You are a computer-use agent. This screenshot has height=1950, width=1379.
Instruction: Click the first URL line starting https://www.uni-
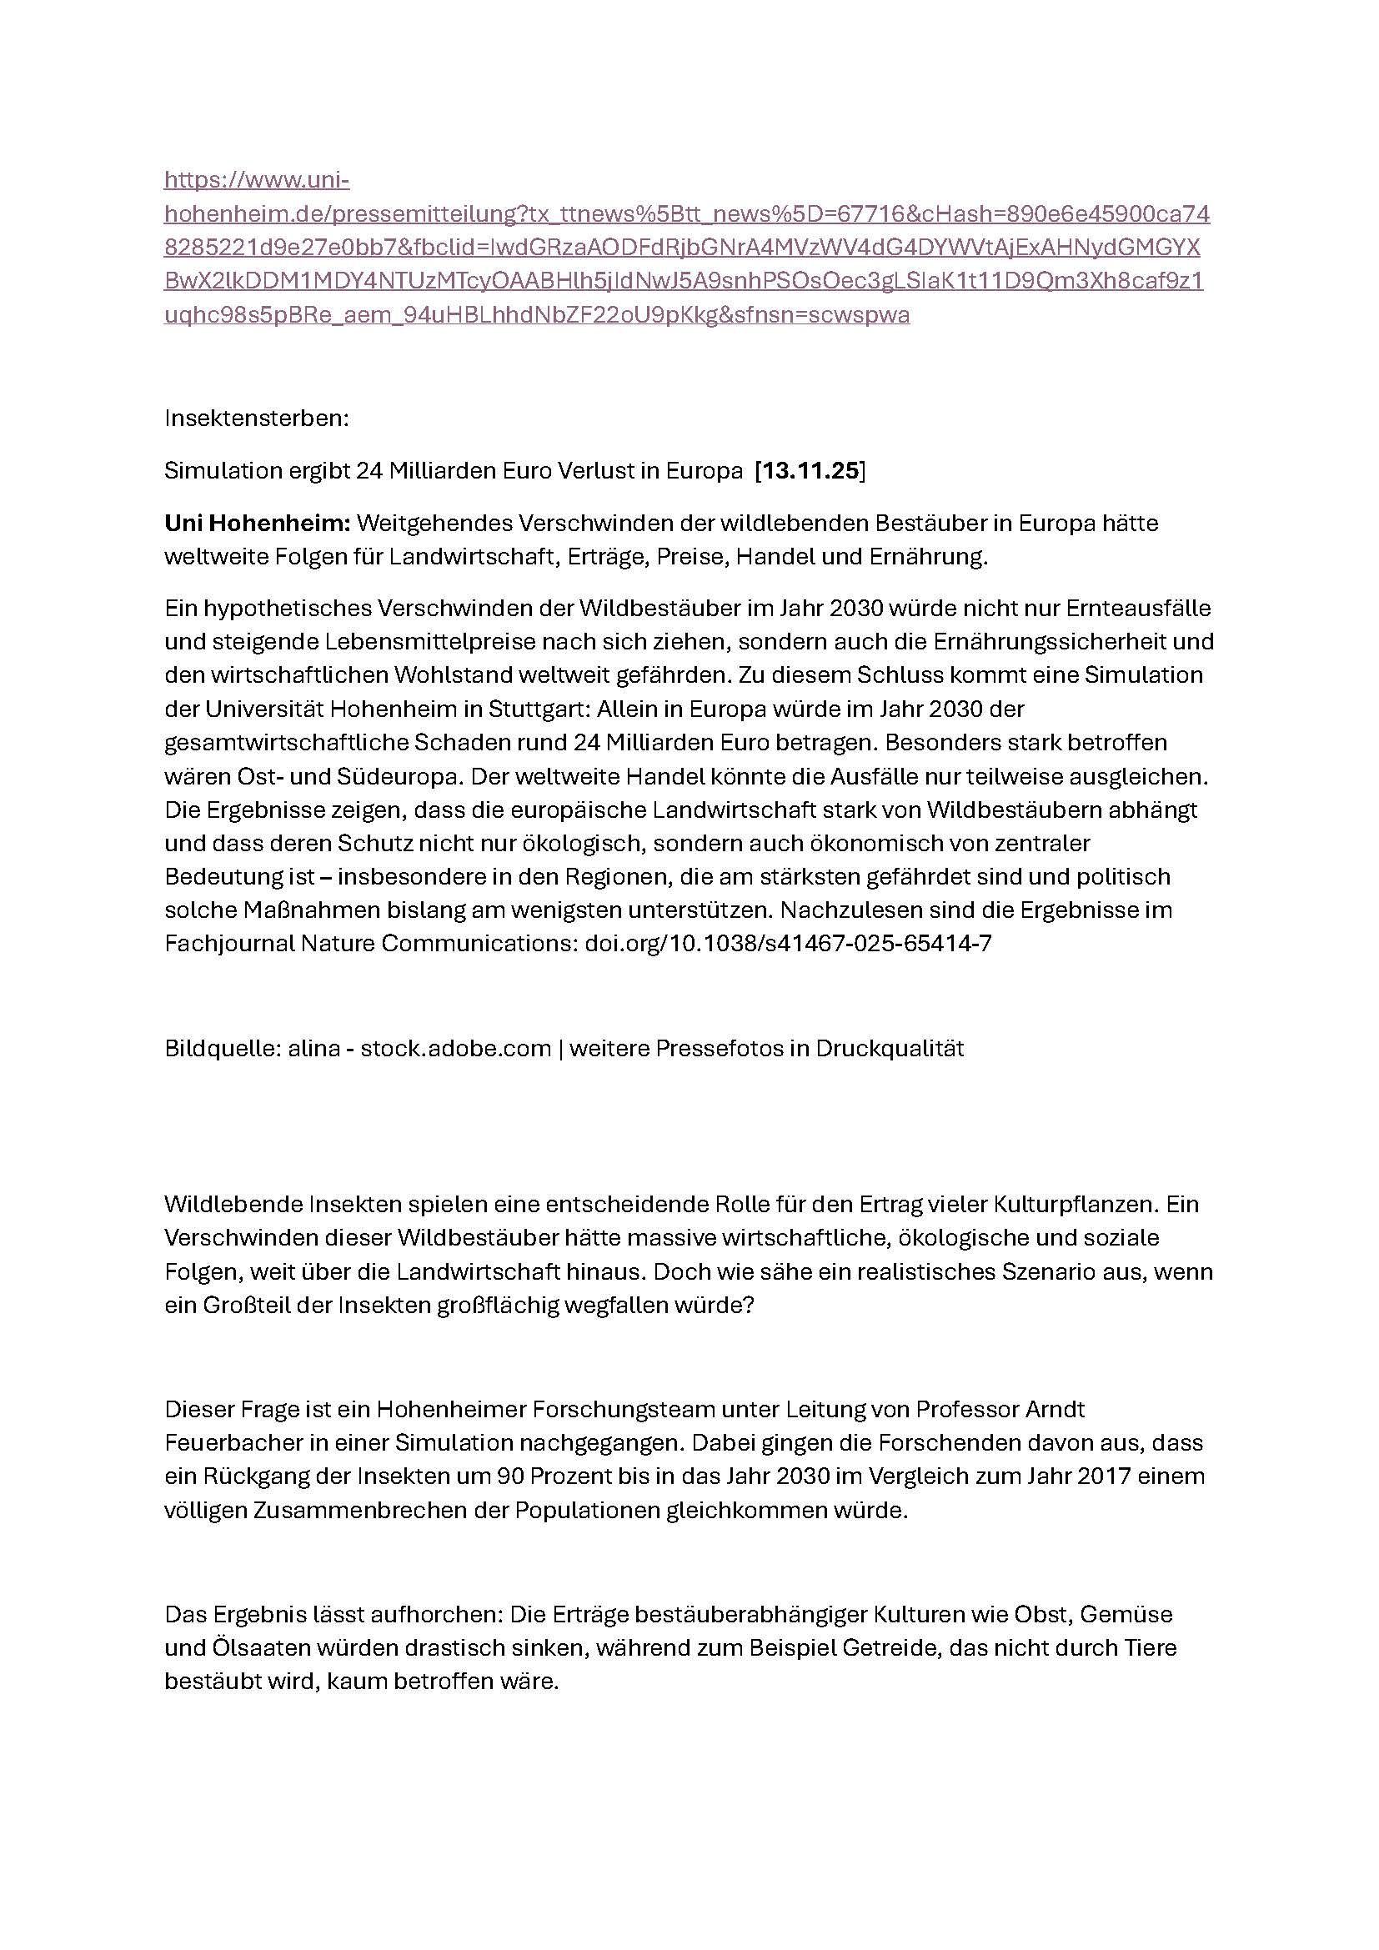tap(257, 180)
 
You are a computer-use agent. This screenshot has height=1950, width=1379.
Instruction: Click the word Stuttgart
tap(557, 709)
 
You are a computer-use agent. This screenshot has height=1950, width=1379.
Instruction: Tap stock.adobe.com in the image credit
tap(456, 1048)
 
